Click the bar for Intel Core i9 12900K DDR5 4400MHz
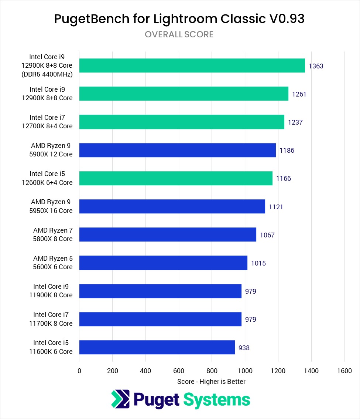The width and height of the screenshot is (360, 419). [192, 65]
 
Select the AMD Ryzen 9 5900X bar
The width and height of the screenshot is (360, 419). [177, 150]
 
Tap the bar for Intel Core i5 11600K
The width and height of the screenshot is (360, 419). [157, 347]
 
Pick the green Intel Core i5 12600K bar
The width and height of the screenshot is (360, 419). [176, 178]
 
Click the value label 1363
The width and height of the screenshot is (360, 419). [316, 66]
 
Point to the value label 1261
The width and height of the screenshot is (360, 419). [299, 94]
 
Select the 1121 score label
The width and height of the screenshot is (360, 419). [276, 207]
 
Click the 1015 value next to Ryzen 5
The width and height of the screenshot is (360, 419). [258, 263]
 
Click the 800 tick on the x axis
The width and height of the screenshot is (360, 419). [212, 371]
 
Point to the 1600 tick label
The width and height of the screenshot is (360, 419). [344, 371]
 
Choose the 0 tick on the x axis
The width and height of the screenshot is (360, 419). [79, 371]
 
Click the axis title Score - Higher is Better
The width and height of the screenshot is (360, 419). [211, 381]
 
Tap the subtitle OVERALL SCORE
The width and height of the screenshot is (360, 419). [179, 34]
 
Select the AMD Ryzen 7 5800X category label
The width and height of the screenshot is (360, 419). [53, 234]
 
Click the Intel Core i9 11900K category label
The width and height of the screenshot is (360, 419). [51, 291]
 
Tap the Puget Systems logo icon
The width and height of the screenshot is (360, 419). [120, 399]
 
